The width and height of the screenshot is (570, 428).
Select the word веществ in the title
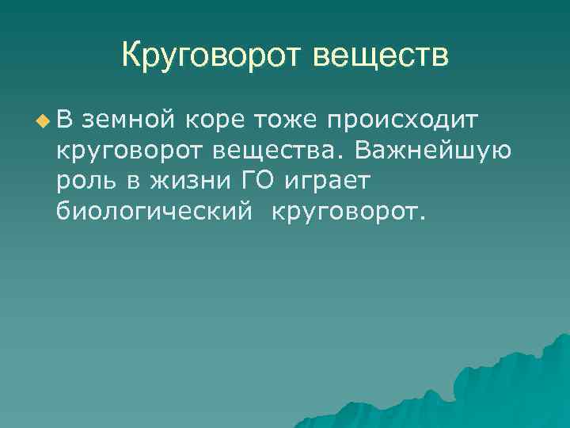point(382,55)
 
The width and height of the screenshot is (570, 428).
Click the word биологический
point(155,210)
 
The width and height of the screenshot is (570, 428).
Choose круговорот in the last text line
point(345,211)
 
